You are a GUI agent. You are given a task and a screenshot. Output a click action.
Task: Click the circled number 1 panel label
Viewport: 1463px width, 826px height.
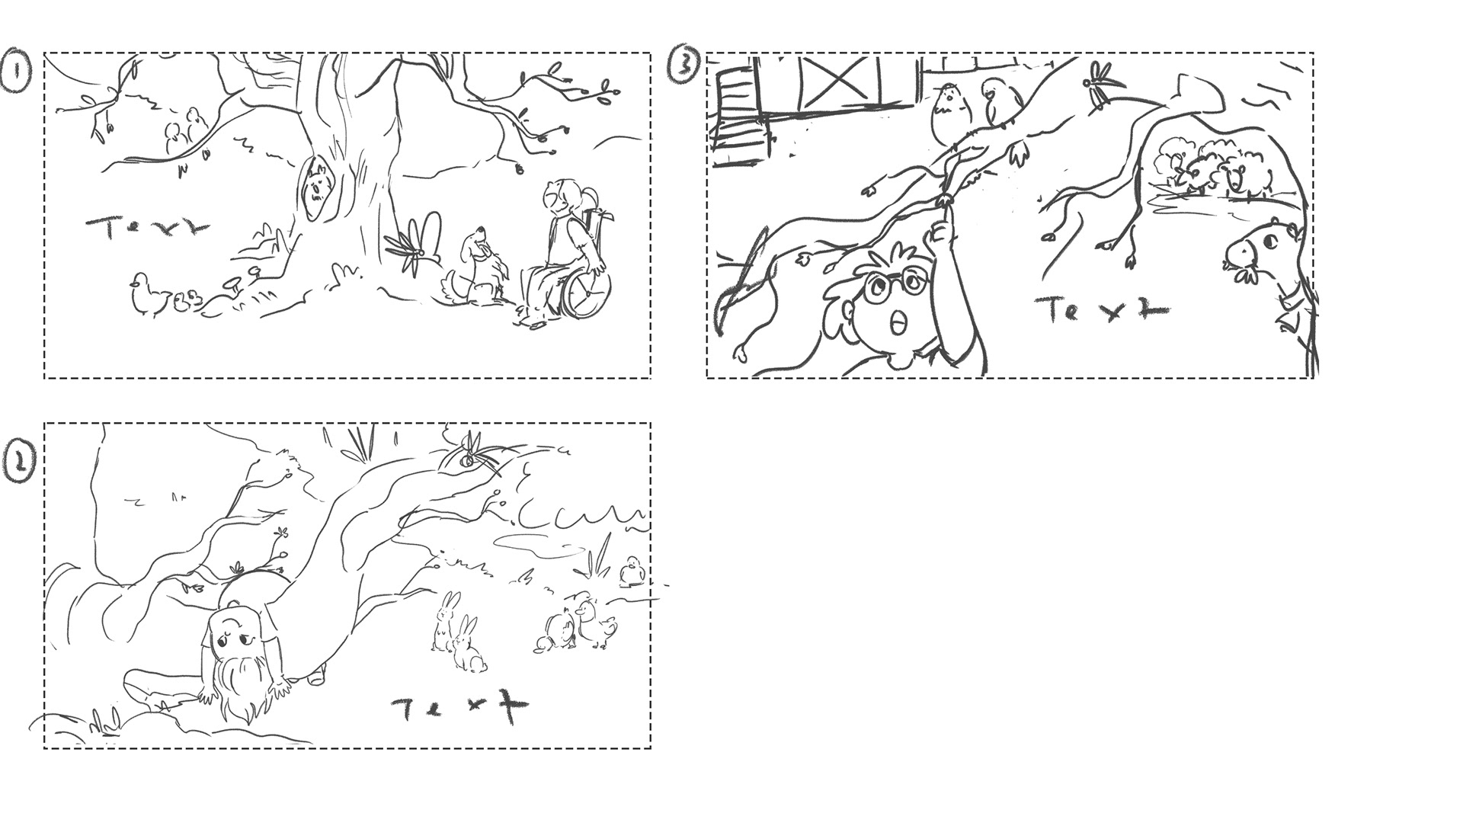click(x=16, y=70)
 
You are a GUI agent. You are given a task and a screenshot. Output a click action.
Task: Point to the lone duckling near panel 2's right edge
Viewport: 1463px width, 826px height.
click(x=632, y=572)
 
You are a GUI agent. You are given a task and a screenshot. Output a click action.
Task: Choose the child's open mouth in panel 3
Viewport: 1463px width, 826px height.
click(x=900, y=324)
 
